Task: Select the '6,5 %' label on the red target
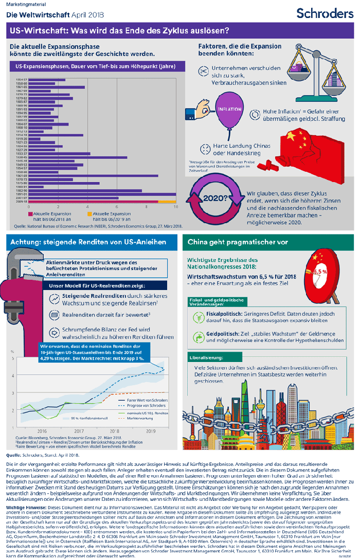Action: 320,271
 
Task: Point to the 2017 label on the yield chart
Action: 79,431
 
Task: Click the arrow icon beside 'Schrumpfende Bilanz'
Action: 53,332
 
